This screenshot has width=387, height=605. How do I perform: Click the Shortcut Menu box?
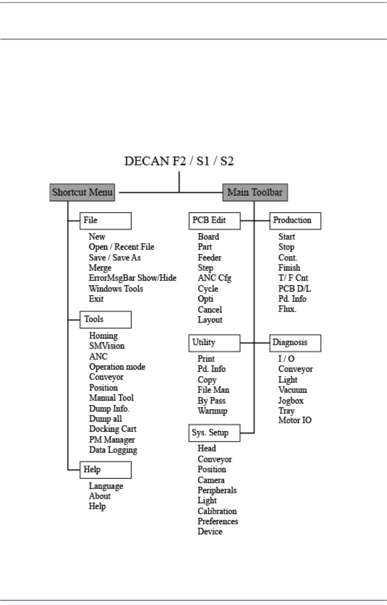82,192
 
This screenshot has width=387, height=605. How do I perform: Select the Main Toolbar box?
255,192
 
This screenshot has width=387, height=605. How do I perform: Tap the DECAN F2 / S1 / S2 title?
179,161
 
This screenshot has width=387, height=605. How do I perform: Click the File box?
105,221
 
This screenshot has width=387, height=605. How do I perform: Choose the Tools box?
105,319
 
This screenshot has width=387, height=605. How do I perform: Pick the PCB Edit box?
214,221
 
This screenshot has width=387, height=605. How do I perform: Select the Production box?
295,221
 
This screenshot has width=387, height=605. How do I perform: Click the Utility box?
214,343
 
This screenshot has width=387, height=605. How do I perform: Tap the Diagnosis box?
295,343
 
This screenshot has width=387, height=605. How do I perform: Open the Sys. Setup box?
214,433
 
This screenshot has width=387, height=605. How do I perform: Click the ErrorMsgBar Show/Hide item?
132,278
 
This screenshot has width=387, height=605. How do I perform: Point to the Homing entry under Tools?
103,336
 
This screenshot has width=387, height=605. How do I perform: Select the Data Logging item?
113,450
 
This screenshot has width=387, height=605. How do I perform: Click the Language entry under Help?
106,486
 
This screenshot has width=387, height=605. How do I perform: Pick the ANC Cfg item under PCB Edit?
214,278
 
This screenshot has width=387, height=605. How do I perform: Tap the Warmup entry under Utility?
212,411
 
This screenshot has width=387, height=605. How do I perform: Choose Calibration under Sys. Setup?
217,511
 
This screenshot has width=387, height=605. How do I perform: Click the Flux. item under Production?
287,309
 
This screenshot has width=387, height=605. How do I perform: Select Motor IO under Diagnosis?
295,420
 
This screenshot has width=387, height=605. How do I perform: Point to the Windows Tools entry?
116,289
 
